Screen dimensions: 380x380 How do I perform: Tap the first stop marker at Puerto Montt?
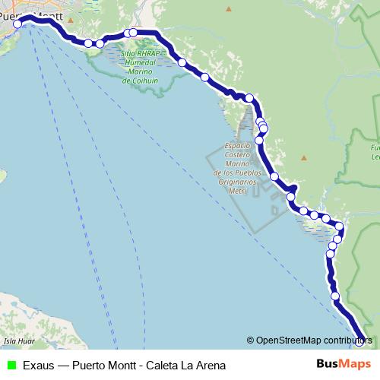[x=18, y=24]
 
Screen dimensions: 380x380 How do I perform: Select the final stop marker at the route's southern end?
[x=362, y=341]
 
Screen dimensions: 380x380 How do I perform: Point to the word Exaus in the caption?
[x=38, y=365]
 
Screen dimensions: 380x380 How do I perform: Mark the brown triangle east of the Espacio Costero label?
[x=303, y=157]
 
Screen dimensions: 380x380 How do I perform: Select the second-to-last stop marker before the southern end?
[x=335, y=296]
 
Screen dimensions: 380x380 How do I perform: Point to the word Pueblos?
[x=246, y=173]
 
